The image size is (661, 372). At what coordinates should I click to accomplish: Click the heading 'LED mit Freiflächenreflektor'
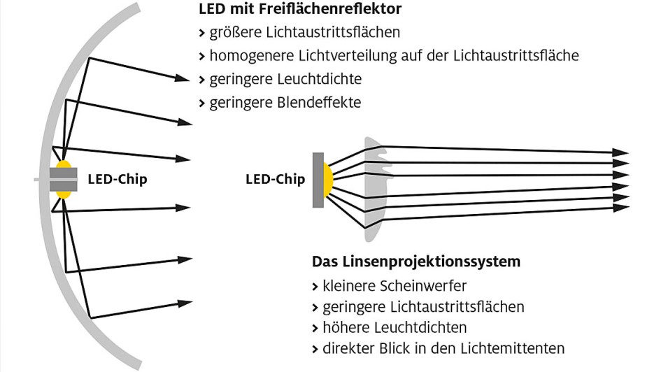click(300, 10)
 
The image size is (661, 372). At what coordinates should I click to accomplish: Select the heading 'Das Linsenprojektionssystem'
click(416, 262)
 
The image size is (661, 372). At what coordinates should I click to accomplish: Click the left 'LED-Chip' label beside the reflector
click(118, 179)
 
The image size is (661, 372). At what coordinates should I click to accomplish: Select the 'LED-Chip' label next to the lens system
click(276, 179)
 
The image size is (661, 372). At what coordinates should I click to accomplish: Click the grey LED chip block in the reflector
click(63, 179)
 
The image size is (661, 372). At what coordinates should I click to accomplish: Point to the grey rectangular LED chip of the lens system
click(318, 180)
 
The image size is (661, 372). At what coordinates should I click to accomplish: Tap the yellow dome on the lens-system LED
click(327, 180)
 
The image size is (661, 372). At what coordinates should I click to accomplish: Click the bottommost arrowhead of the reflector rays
click(185, 303)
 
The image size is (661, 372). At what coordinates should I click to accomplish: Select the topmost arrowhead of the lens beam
click(620, 152)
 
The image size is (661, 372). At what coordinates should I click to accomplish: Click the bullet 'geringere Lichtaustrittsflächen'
click(422, 306)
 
